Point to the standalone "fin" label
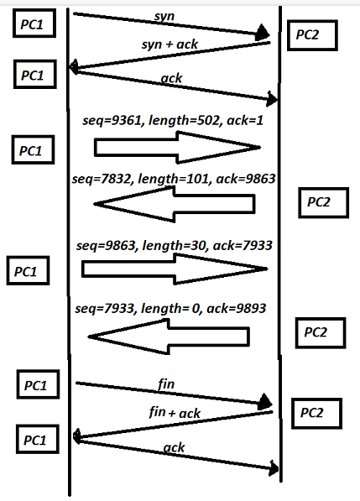[x=167, y=383]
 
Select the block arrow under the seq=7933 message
[x=169, y=336]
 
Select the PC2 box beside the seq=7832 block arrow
[x=323, y=201]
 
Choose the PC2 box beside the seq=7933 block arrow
[x=320, y=331]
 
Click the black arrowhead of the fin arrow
[x=267, y=403]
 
